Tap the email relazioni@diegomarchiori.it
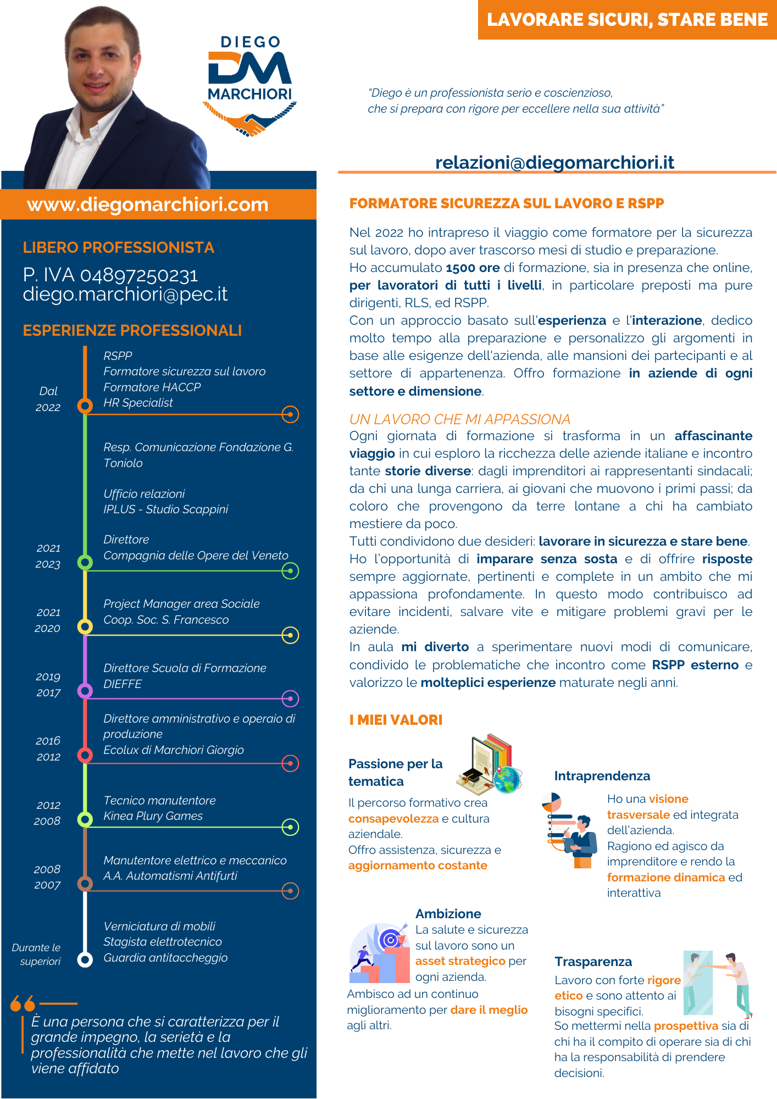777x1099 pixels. point(554,163)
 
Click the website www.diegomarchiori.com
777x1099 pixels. point(148,204)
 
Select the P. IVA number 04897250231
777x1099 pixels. point(139,275)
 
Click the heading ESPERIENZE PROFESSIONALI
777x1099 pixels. point(132,330)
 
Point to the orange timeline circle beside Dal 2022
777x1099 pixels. point(85,406)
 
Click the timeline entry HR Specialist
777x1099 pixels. point(138,403)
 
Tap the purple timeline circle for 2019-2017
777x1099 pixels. point(85,691)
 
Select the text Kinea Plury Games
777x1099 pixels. point(153,816)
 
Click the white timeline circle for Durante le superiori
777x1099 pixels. point(85,959)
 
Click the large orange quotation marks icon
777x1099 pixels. point(23,1003)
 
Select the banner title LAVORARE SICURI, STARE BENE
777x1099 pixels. point(627,20)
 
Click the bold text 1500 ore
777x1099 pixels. point(473,268)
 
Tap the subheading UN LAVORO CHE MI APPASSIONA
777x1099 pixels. point(459,419)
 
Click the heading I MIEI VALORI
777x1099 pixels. point(396,720)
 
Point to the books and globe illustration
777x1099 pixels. point(489,764)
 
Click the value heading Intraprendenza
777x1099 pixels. point(602,776)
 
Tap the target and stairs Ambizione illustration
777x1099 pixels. point(379,953)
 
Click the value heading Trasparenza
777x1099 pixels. point(593,962)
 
